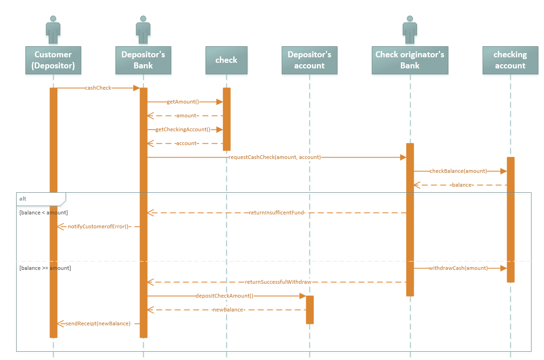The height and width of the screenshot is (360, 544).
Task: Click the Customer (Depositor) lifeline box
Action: click(x=53, y=60)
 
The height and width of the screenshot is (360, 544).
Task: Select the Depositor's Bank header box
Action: click(x=143, y=60)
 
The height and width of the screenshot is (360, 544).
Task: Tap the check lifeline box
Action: click(x=226, y=60)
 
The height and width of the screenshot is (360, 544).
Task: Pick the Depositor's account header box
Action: click(x=309, y=60)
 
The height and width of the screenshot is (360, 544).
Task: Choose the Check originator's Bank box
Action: click(x=410, y=60)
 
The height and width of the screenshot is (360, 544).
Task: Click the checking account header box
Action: click(x=510, y=60)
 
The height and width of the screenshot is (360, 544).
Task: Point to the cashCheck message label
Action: click(x=98, y=88)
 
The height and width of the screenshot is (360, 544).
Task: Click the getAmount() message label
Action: click(x=182, y=102)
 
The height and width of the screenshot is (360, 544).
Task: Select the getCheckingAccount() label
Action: click(x=182, y=129)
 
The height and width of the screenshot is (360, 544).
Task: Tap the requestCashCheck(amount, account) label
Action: click(x=274, y=157)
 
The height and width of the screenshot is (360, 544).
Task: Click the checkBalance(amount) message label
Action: click(x=458, y=171)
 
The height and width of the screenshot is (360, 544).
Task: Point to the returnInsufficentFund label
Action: click(x=277, y=213)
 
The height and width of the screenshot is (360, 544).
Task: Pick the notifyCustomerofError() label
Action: click(x=98, y=226)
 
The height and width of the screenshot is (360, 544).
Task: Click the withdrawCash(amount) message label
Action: click(x=458, y=268)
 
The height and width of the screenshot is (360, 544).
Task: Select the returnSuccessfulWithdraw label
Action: click(x=278, y=282)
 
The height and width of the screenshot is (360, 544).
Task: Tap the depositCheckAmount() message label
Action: click(x=224, y=296)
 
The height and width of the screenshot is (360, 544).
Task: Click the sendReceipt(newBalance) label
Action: click(x=98, y=323)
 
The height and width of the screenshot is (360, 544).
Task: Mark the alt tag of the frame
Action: click(x=23, y=199)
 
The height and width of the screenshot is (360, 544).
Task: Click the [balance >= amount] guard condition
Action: click(x=45, y=268)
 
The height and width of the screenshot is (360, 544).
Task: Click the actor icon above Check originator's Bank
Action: click(x=410, y=26)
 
